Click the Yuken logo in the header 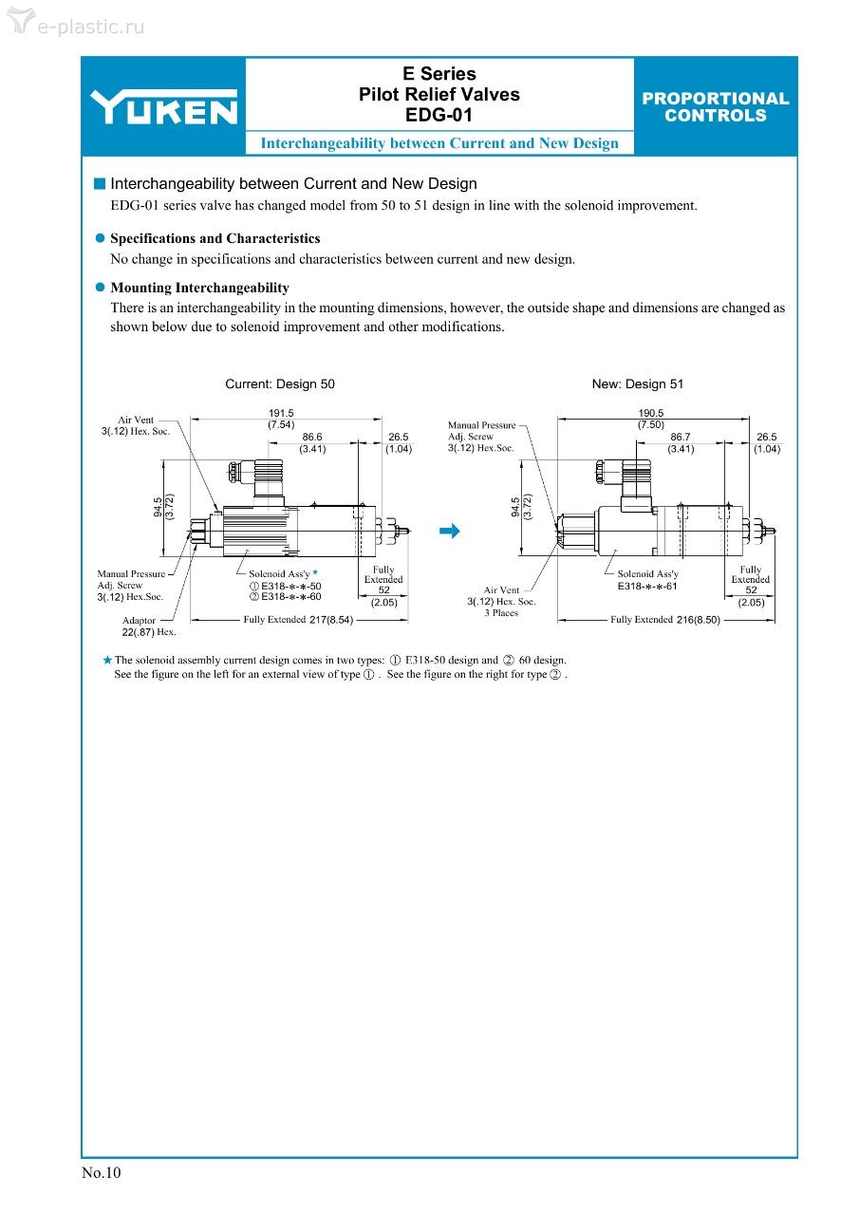(x=163, y=107)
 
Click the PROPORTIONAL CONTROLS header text (x=715, y=106)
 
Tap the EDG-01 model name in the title (x=439, y=116)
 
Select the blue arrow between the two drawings (x=449, y=531)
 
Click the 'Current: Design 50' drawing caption (x=279, y=384)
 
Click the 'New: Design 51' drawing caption (x=637, y=384)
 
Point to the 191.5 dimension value (x=281, y=413)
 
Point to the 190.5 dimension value (x=651, y=413)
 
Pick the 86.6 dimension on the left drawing (x=312, y=438)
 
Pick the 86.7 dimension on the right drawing (x=681, y=438)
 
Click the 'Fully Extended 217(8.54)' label (x=298, y=620)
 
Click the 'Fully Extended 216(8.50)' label (x=665, y=620)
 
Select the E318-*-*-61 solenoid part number (x=647, y=587)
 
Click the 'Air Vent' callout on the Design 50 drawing (x=136, y=425)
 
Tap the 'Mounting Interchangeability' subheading (x=199, y=288)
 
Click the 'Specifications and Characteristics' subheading (x=215, y=238)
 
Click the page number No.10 (x=102, y=1172)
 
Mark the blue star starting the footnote (x=107, y=660)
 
